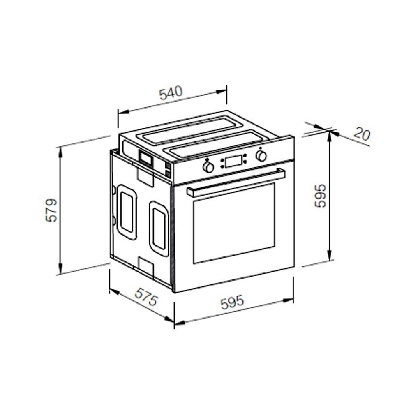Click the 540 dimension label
171,93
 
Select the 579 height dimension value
51,210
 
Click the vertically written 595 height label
320,196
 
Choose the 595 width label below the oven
232,302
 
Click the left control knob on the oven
208,167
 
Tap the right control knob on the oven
261,156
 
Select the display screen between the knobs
234,161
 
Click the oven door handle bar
236,182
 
